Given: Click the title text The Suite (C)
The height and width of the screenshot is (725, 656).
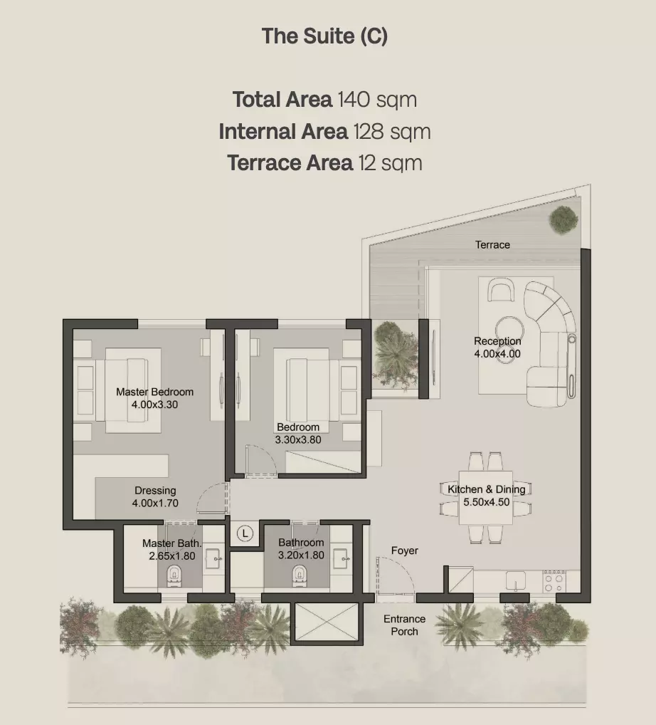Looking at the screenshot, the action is [x=324, y=36].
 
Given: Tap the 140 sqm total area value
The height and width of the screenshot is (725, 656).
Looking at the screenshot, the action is [x=377, y=100].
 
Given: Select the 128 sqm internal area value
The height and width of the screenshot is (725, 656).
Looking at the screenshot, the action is [x=392, y=131].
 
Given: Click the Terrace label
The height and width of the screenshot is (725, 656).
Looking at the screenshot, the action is [x=492, y=244].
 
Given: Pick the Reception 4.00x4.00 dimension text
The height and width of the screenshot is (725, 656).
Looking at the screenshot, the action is [x=497, y=354].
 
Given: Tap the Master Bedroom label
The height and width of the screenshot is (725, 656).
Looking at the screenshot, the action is [x=155, y=392].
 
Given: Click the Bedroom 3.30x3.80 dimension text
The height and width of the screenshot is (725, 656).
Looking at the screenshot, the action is [x=298, y=439].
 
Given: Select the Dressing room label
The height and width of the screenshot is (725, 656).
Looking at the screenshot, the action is [x=155, y=491].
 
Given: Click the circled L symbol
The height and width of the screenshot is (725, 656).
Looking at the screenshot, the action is [x=245, y=533].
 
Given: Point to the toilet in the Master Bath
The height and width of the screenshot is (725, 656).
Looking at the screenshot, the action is [x=174, y=575].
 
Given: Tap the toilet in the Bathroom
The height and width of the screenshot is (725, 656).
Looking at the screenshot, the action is [x=300, y=575].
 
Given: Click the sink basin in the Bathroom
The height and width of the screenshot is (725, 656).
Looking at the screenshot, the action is [x=341, y=558].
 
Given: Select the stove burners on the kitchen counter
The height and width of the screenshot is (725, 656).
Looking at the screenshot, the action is [x=554, y=580].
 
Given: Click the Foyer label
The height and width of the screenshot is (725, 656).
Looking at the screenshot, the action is [x=405, y=551].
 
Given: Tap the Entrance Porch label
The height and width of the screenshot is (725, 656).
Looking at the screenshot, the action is [x=404, y=625].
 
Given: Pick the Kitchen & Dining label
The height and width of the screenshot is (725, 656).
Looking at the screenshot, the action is [x=487, y=489].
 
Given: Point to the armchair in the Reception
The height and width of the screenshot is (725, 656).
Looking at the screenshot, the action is [x=501, y=289].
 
